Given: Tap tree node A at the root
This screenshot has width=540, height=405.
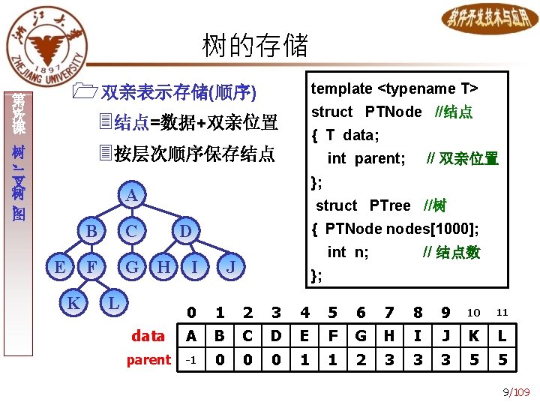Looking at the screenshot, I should pos(130,196).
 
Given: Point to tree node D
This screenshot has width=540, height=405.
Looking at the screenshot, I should pos(184,231).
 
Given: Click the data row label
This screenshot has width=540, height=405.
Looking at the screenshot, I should pos(148,335).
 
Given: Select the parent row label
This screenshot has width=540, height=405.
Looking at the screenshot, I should pos(148,360).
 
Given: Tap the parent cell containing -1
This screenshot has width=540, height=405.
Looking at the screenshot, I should pos(191,360).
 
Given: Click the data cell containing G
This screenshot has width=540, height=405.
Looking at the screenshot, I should pos(361,335).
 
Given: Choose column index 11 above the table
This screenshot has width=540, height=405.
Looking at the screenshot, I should pos(502,312).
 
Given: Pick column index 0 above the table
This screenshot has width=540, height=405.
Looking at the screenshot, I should pos(191,312).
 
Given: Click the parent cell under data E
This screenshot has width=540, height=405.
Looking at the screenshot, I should pos(304,360).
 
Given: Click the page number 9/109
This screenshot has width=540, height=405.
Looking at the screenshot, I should pos(516,391).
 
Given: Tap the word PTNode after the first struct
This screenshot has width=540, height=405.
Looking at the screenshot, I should pos(393,112).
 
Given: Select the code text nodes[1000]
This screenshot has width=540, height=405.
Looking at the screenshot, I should pos(441,229).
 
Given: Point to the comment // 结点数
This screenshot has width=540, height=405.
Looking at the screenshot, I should pos(451,252).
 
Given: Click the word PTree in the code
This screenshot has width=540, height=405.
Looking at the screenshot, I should pos(390,205).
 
